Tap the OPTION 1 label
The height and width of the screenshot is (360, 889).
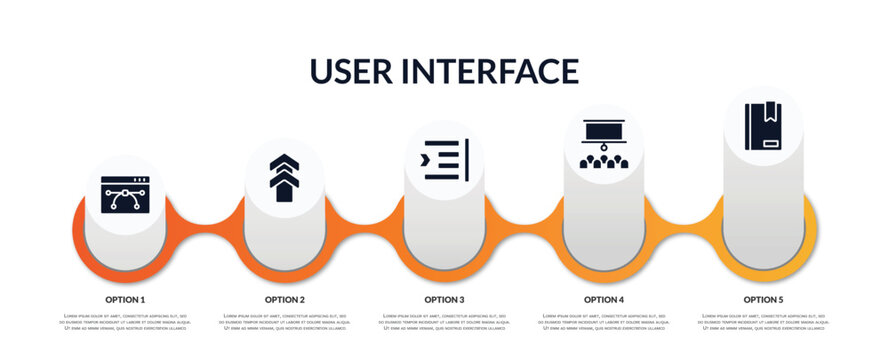[125, 299]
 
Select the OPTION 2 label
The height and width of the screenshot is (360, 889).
[285, 299]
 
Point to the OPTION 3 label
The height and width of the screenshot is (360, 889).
[444, 299]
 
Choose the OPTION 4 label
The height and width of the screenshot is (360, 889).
[604, 299]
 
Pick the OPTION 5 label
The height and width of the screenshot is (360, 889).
[763, 299]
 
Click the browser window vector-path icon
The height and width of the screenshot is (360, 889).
[125, 195]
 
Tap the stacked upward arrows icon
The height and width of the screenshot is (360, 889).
[284, 177]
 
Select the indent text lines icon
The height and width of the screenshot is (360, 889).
[444, 160]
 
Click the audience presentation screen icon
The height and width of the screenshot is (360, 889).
[604, 143]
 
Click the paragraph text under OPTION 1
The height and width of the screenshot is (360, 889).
[125, 322]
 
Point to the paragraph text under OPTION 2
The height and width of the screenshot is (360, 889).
[285, 322]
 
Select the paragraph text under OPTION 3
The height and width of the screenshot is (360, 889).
[444, 322]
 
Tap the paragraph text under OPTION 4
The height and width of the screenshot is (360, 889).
[604, 322]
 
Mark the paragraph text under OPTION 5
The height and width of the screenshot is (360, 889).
[763, 322]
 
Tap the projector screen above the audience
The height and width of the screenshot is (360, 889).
[604, 130]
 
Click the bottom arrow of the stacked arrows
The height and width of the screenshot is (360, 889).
[284, 190]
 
